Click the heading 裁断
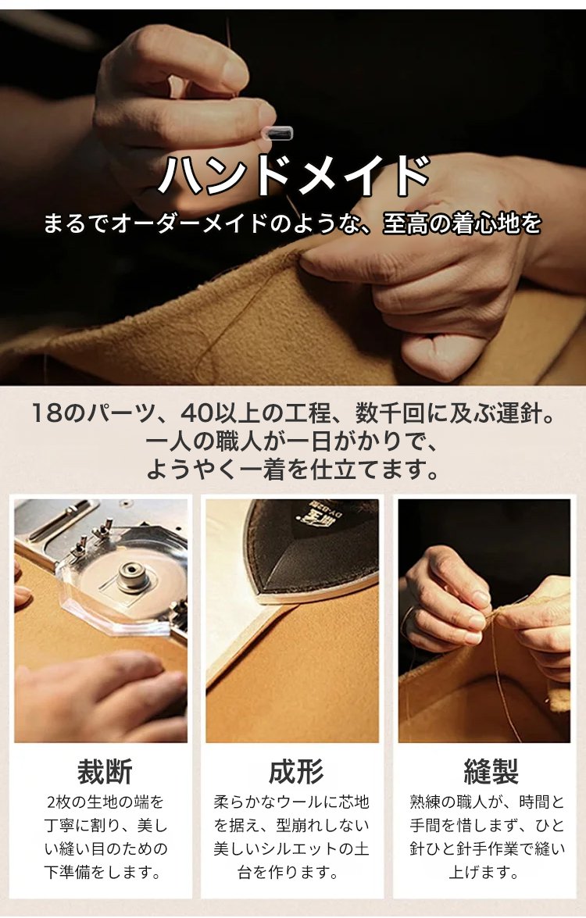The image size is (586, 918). (105, 771)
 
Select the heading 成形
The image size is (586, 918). (295, 771)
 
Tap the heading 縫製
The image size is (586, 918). (491, 771)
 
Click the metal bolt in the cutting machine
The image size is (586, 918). (134, 576)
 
